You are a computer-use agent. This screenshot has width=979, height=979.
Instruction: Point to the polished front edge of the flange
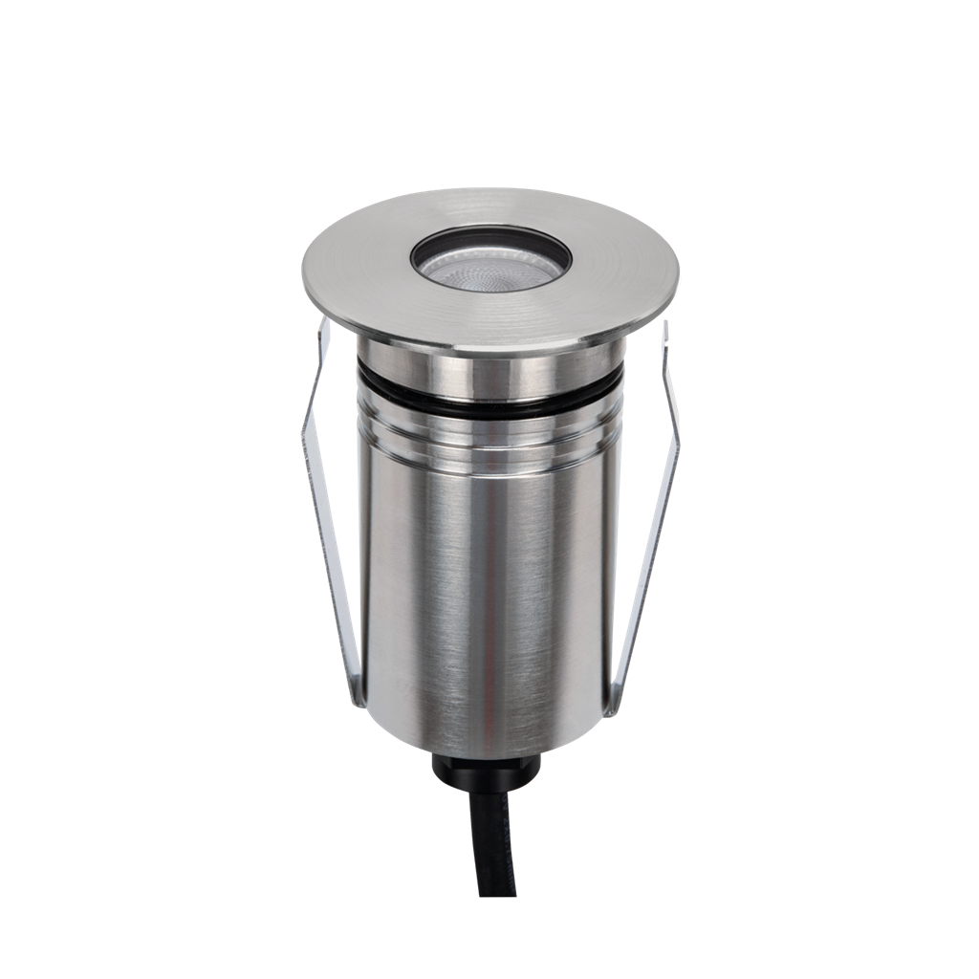(x=489, y=345)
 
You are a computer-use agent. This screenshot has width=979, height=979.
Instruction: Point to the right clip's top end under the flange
(x=662, y=335)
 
